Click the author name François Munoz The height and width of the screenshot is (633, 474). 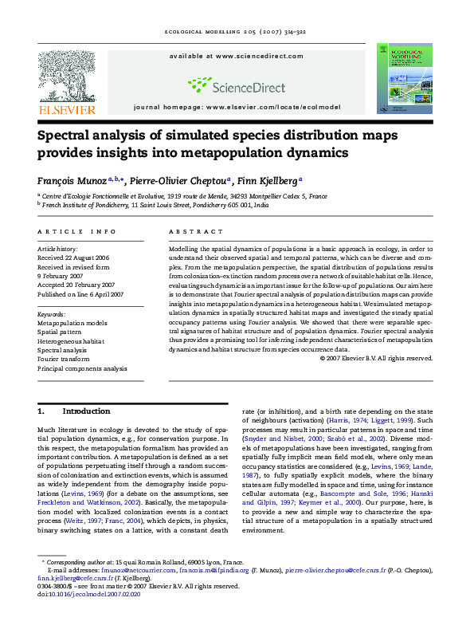pos(73,180)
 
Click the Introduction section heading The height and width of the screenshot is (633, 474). pos(86,411)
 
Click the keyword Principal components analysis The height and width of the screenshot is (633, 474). pos(82,369)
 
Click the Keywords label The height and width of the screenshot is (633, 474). pos(52,314)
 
